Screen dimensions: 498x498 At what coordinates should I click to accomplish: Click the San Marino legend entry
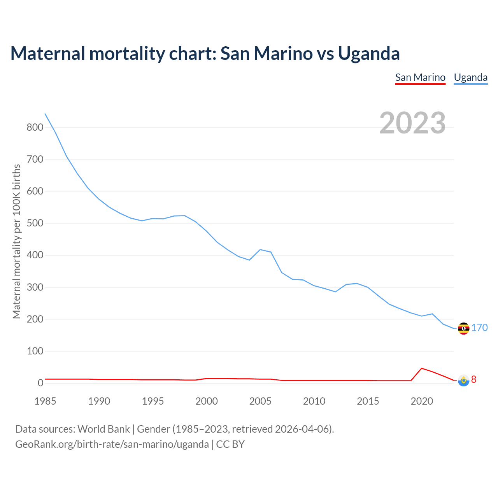point(420,77)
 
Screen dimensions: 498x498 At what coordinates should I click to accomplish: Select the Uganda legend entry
point(471,77)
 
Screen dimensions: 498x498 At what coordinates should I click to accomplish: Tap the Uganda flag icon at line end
point(463,328)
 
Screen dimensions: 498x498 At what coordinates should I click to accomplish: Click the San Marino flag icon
point(463,380)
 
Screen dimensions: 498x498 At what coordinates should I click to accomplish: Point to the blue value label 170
point(480,328)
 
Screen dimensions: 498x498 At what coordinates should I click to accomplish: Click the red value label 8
point(473,379)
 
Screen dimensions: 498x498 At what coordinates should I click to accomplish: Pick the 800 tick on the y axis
point(35,127)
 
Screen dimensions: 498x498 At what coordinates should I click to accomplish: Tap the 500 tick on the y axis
point(35,223)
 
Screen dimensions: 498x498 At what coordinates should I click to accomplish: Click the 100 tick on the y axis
point(35,351)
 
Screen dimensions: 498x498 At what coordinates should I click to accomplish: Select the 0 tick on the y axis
point(40,383)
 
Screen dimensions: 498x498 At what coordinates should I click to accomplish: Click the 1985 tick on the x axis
point(45,401)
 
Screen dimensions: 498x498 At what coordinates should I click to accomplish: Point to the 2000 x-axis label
point(207,401)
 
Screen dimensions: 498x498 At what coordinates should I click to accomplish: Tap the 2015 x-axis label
point(368,401)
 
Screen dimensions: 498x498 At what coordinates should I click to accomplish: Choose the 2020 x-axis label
point(422,401)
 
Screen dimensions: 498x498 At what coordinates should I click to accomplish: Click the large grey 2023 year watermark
point(412,123)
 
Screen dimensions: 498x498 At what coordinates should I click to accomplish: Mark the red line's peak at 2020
point(422,368)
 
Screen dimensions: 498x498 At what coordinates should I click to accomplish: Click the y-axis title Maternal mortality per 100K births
point(16,241)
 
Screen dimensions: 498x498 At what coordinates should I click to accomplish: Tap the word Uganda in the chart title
point(369,53)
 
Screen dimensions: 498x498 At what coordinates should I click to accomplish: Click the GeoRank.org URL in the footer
point(112,444)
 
